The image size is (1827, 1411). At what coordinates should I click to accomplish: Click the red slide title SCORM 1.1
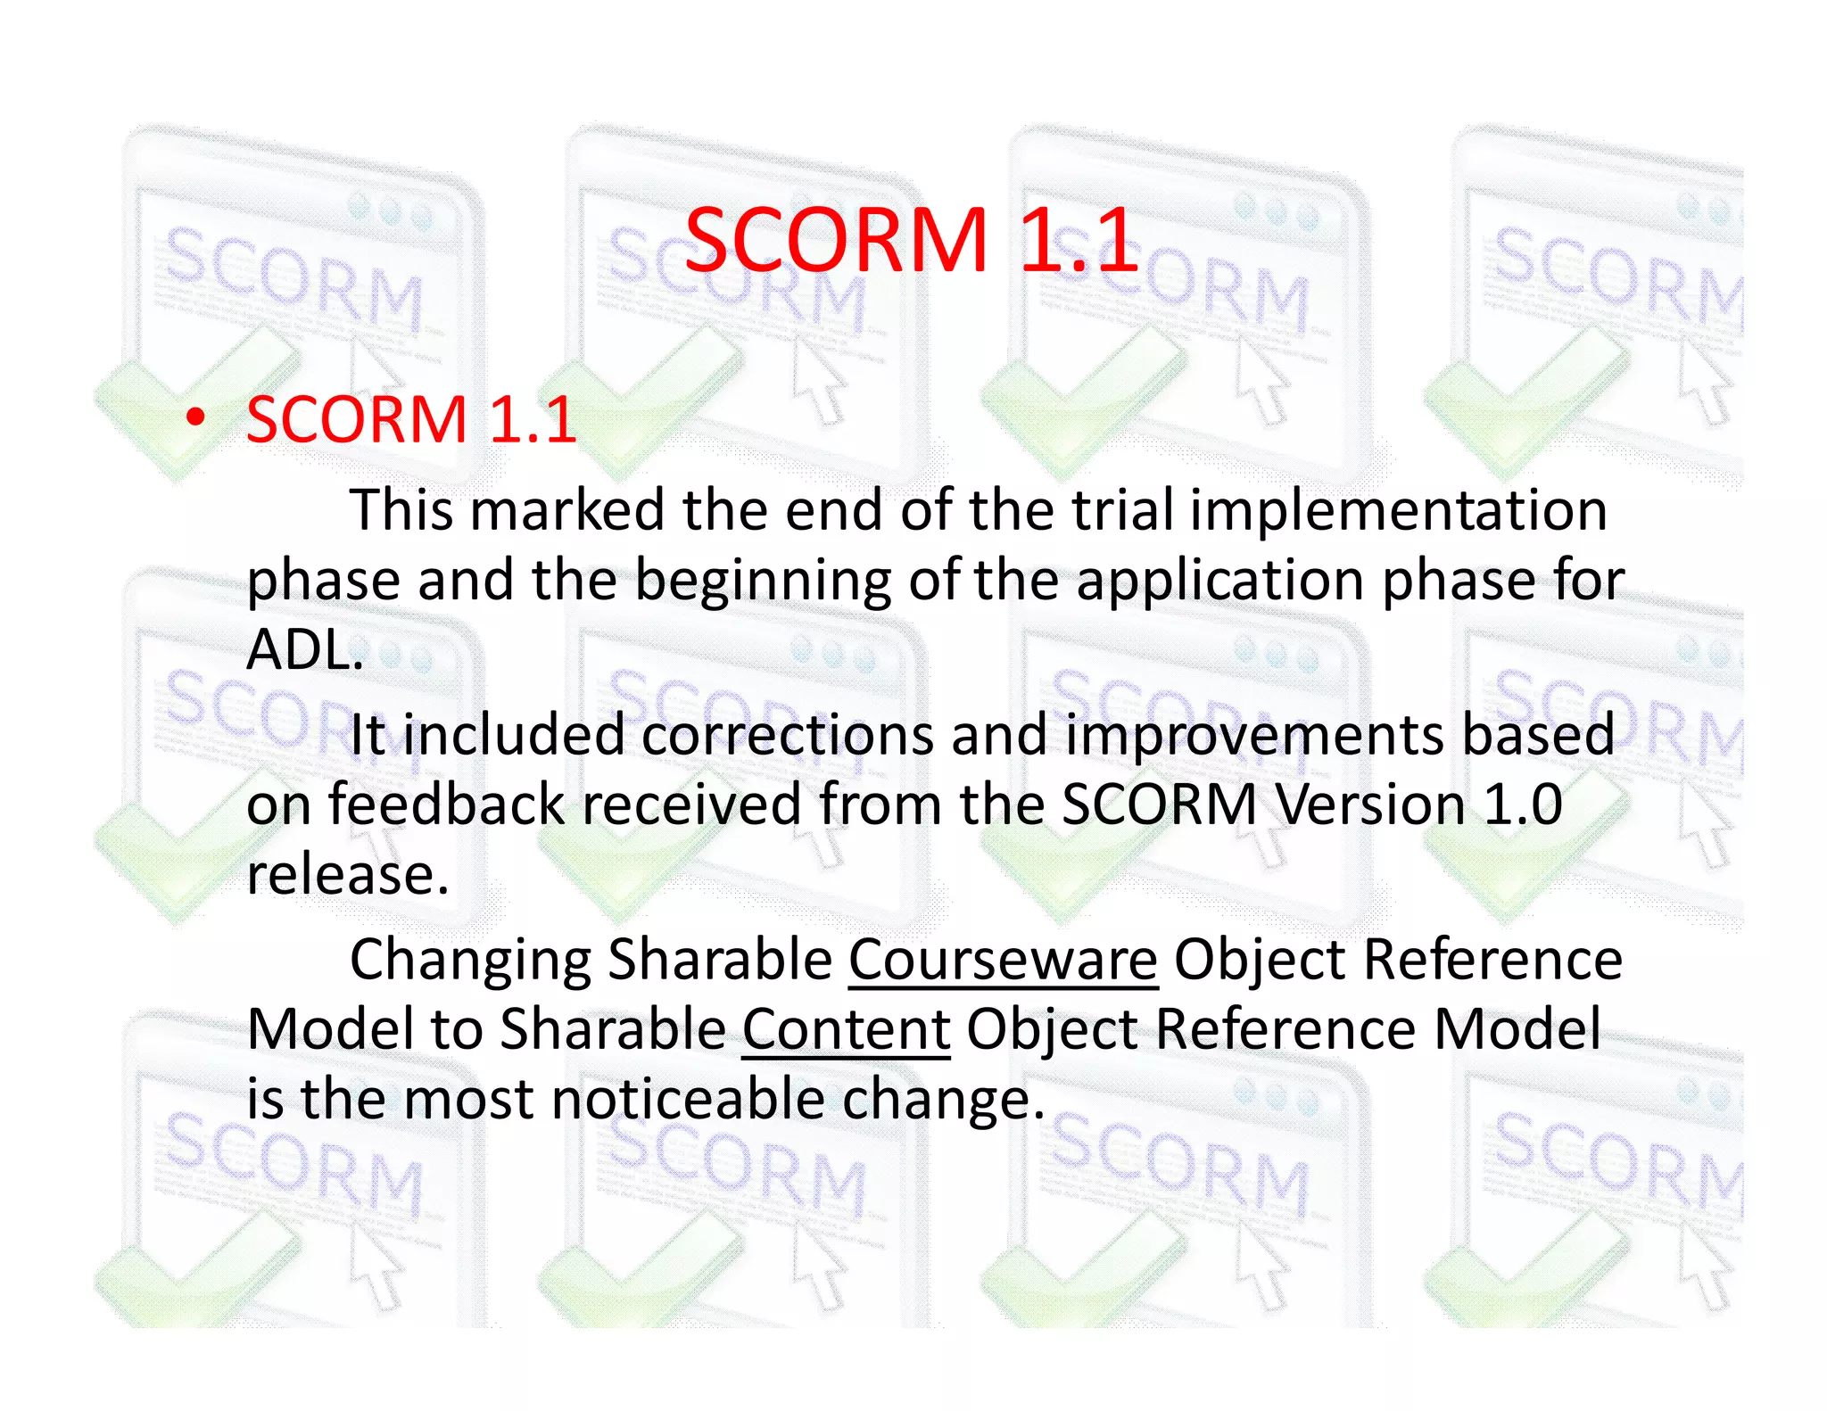[x=911, y=240]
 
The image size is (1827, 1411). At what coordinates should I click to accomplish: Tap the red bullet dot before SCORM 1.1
[x=196, y=417]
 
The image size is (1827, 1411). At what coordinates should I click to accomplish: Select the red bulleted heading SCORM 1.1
[x=411, y=419]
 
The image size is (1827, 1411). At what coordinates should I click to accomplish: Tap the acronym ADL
[x=304, y=649]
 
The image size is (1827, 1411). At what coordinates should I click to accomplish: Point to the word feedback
[x=446, y=805]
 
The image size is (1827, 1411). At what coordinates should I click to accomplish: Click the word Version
[x=1369, y=805]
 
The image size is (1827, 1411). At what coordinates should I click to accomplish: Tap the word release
[x=347, y=875]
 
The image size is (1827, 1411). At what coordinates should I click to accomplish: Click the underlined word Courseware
[x=1003, y=961]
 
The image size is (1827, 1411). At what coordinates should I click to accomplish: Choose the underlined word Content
[x=846, y=1030]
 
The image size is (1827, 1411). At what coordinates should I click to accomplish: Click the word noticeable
[x=688, y=1099]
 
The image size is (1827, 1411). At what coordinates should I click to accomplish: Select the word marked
[x=567, y=510]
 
